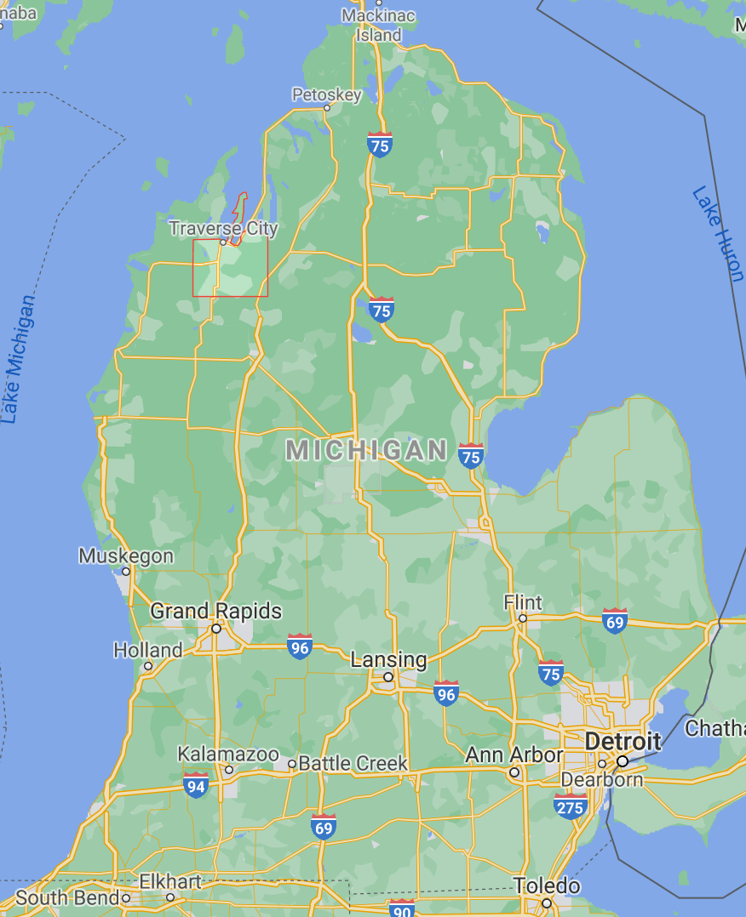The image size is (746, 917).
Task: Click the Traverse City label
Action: click(x=223, y=228)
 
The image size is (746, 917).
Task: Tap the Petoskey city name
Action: click(x=326, y=94)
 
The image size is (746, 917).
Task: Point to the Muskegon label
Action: click(x=126, y=556)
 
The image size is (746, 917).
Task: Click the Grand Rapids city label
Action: click(x=215, y=611)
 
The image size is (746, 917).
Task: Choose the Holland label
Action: click(x=147, y=651)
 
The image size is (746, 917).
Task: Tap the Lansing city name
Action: click(x=388, y=659)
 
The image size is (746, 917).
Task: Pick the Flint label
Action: click(x=522, y=602)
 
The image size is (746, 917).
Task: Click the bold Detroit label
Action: click(x=623, y=741)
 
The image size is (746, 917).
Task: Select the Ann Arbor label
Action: click(x=514, y=755)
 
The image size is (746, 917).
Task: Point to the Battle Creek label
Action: click(x=353, y=763)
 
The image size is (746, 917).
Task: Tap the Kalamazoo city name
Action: click(x=227, y=755)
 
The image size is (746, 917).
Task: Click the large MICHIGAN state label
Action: click(x=366, y=450)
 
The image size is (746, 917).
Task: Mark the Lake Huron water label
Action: click(x=718, y=233)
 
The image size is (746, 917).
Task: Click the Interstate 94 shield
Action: click(x=196, y=785)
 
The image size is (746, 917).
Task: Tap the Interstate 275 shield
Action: click(x=569, y=806)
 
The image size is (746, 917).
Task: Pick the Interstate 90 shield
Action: click(x=401, y=908)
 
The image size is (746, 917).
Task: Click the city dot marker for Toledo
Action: click(x=546, y=903)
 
